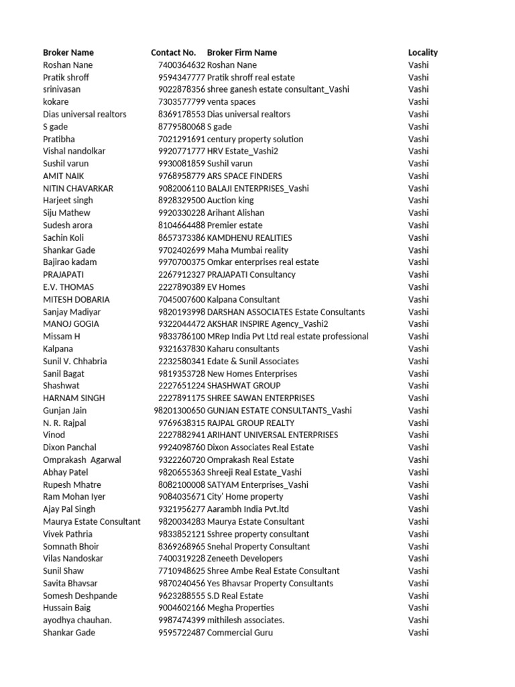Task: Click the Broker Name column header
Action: (68, 52)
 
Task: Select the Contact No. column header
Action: (173, 52)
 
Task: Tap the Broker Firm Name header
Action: (242, 52)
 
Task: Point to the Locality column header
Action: (423, 52)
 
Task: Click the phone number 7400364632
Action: (182, 65)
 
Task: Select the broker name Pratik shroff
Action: (66, 77)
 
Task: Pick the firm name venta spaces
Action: (231, 102)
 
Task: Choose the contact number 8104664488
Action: (182, 225)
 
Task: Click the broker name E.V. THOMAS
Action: (68, 287)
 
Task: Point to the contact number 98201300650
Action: (180, 411)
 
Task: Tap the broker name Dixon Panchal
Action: (70, 447)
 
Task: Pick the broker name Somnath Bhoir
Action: (71, 546)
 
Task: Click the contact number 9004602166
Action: (182, 608)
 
